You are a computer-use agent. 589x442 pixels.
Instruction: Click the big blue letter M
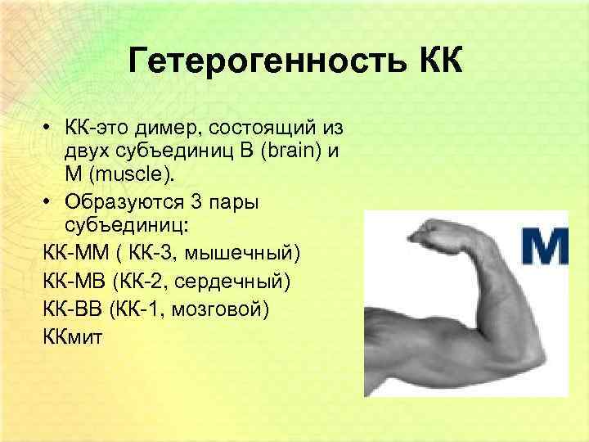click(x=545, y=246)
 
